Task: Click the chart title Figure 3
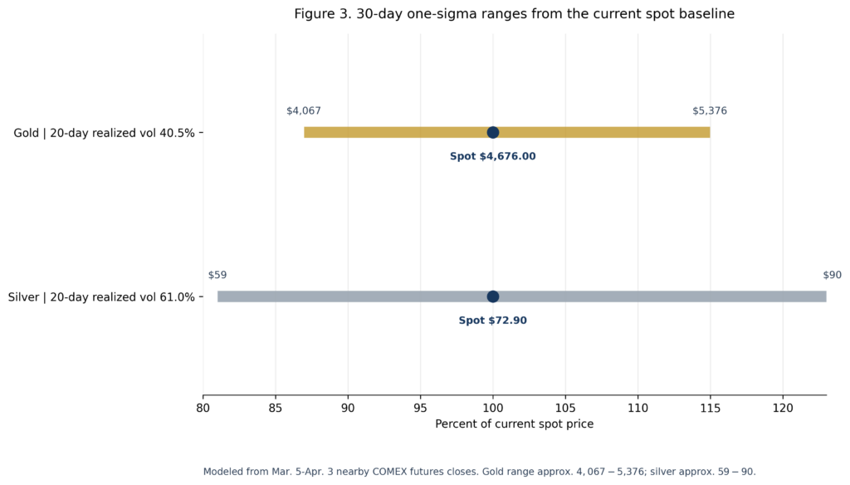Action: coord(514,14)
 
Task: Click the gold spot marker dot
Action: coord(493,132)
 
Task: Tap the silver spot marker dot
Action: coord(493,296)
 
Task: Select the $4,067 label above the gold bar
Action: coord(304,110)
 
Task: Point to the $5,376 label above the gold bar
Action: coord(710,110)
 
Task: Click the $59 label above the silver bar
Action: coord(217,275)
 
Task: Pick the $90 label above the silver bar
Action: coord(832,275)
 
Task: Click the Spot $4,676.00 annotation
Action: coord(493,156)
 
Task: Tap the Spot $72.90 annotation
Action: coord(493,321)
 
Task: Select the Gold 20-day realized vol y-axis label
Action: coord(104,132)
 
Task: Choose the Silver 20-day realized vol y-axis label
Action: coord(101,296)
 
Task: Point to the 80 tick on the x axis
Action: coord(203,408)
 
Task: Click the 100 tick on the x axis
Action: coord(493,408)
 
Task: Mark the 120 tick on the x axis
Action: coord(783,408)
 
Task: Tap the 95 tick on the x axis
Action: coord(421,408)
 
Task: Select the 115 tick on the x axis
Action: coord(711,408)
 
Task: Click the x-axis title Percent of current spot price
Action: coord(514,424)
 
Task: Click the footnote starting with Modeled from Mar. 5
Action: coord(479,471)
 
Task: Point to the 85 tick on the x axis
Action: coord(276,408)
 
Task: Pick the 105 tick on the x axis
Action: coord(565,408)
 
